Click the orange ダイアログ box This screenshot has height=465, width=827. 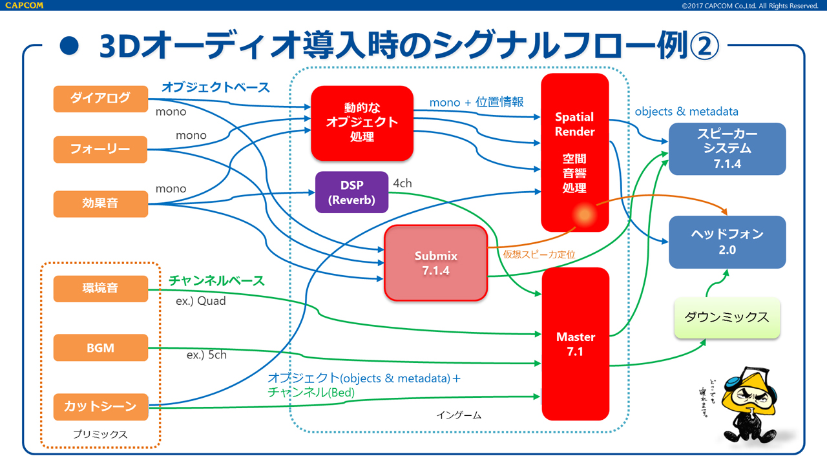coord(100,98)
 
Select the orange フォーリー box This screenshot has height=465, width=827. coord(100,150)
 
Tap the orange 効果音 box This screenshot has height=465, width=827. coord(100,203)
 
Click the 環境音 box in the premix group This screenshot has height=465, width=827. coord(100,288)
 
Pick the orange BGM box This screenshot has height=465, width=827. coord(100,347)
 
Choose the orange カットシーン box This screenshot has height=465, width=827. coord(100,406)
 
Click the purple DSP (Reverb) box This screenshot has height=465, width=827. coord(351,192)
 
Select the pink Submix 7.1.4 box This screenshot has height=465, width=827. coord(435,263)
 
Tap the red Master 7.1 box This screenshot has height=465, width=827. coord(575,344)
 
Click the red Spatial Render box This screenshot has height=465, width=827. coord(574,152)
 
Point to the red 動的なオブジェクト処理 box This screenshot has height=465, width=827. coord(362,123)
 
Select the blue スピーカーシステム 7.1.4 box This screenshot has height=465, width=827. coord(727,149)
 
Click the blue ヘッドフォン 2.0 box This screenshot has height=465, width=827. coord(727,242)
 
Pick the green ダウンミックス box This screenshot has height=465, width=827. coord(727,317)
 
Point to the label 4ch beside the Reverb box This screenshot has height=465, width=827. coord(402,183)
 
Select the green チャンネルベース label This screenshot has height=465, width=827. coord(216,281)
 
